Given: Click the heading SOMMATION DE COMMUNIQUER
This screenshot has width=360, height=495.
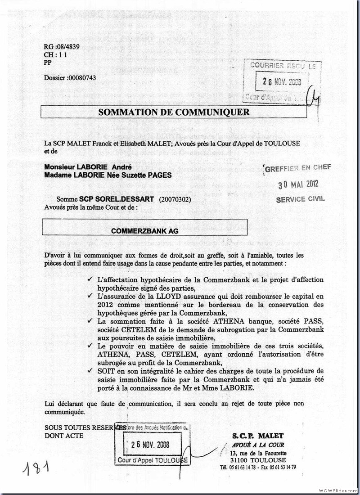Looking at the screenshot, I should point(173,112).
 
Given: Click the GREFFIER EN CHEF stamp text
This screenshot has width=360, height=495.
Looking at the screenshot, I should point(298,168).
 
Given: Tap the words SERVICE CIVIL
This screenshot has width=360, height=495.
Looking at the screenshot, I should point(300,199).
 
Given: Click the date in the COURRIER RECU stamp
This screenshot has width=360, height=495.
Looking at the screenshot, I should point(282,81).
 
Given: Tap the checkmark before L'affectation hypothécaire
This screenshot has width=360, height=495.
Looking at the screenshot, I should point(92,280).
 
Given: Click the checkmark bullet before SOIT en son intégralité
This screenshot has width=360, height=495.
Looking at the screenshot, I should point(92,370).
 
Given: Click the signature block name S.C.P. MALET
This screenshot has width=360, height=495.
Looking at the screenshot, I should point(258,436).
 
